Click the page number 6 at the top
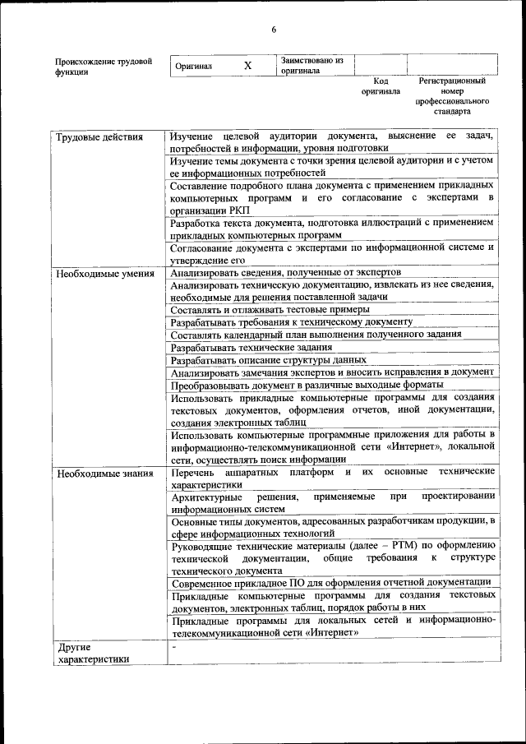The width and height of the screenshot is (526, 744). click(274, 31)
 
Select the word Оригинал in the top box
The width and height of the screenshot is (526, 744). click(194, 66)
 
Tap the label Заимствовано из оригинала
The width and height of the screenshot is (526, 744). click(311, 65)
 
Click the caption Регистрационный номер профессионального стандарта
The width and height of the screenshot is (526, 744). click(451, 95)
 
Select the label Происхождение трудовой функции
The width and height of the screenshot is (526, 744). click(104, 66)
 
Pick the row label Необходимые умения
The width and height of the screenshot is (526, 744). click(104, 274)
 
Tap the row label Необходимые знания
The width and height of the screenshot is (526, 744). click(103, 474)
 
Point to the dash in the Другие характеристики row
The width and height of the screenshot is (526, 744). click(173, 647)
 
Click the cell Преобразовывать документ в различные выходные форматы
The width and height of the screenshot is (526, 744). click(307, 385)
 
